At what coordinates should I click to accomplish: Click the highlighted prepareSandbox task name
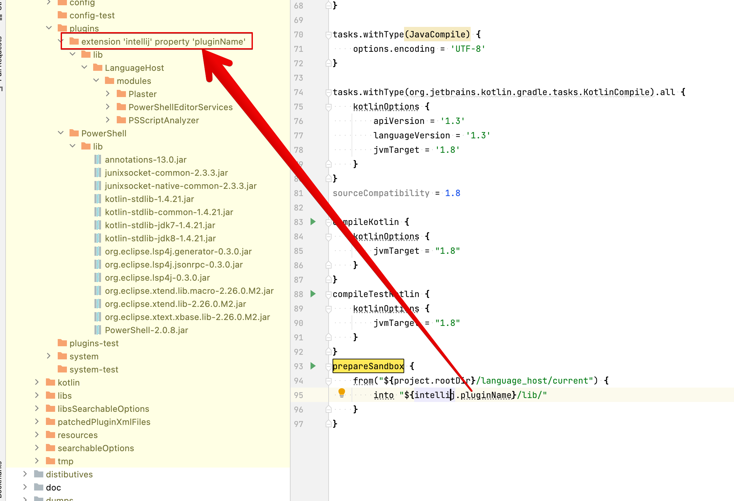[368, 366]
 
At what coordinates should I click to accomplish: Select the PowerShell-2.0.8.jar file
[146, 330]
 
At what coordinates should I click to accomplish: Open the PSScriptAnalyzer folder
[163, 120]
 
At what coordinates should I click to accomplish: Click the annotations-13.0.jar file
[145, 160]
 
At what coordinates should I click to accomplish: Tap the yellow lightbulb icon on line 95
[341, 392]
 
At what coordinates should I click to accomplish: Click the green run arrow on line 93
[313, 366]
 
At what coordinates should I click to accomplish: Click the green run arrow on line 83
[313, 222]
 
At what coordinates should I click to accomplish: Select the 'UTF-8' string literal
[468, 49]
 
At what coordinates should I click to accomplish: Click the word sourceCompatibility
[381, 193]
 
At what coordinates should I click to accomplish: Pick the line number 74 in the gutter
[298, 92]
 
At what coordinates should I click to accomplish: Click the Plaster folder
[142, 94]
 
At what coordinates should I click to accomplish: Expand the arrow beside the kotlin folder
[37, 382]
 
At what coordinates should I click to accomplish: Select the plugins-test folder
[94, 343]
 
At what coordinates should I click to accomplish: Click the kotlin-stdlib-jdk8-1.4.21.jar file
[160, 238]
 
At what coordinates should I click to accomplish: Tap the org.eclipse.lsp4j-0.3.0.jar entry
[157, 278]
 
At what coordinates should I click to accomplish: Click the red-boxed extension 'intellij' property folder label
[163, 42]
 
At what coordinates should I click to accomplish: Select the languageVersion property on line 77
[412, 135]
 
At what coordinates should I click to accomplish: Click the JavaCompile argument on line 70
[437, 34]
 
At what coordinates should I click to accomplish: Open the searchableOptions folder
[95, 448]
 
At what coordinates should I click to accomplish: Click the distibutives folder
[69, 474]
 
